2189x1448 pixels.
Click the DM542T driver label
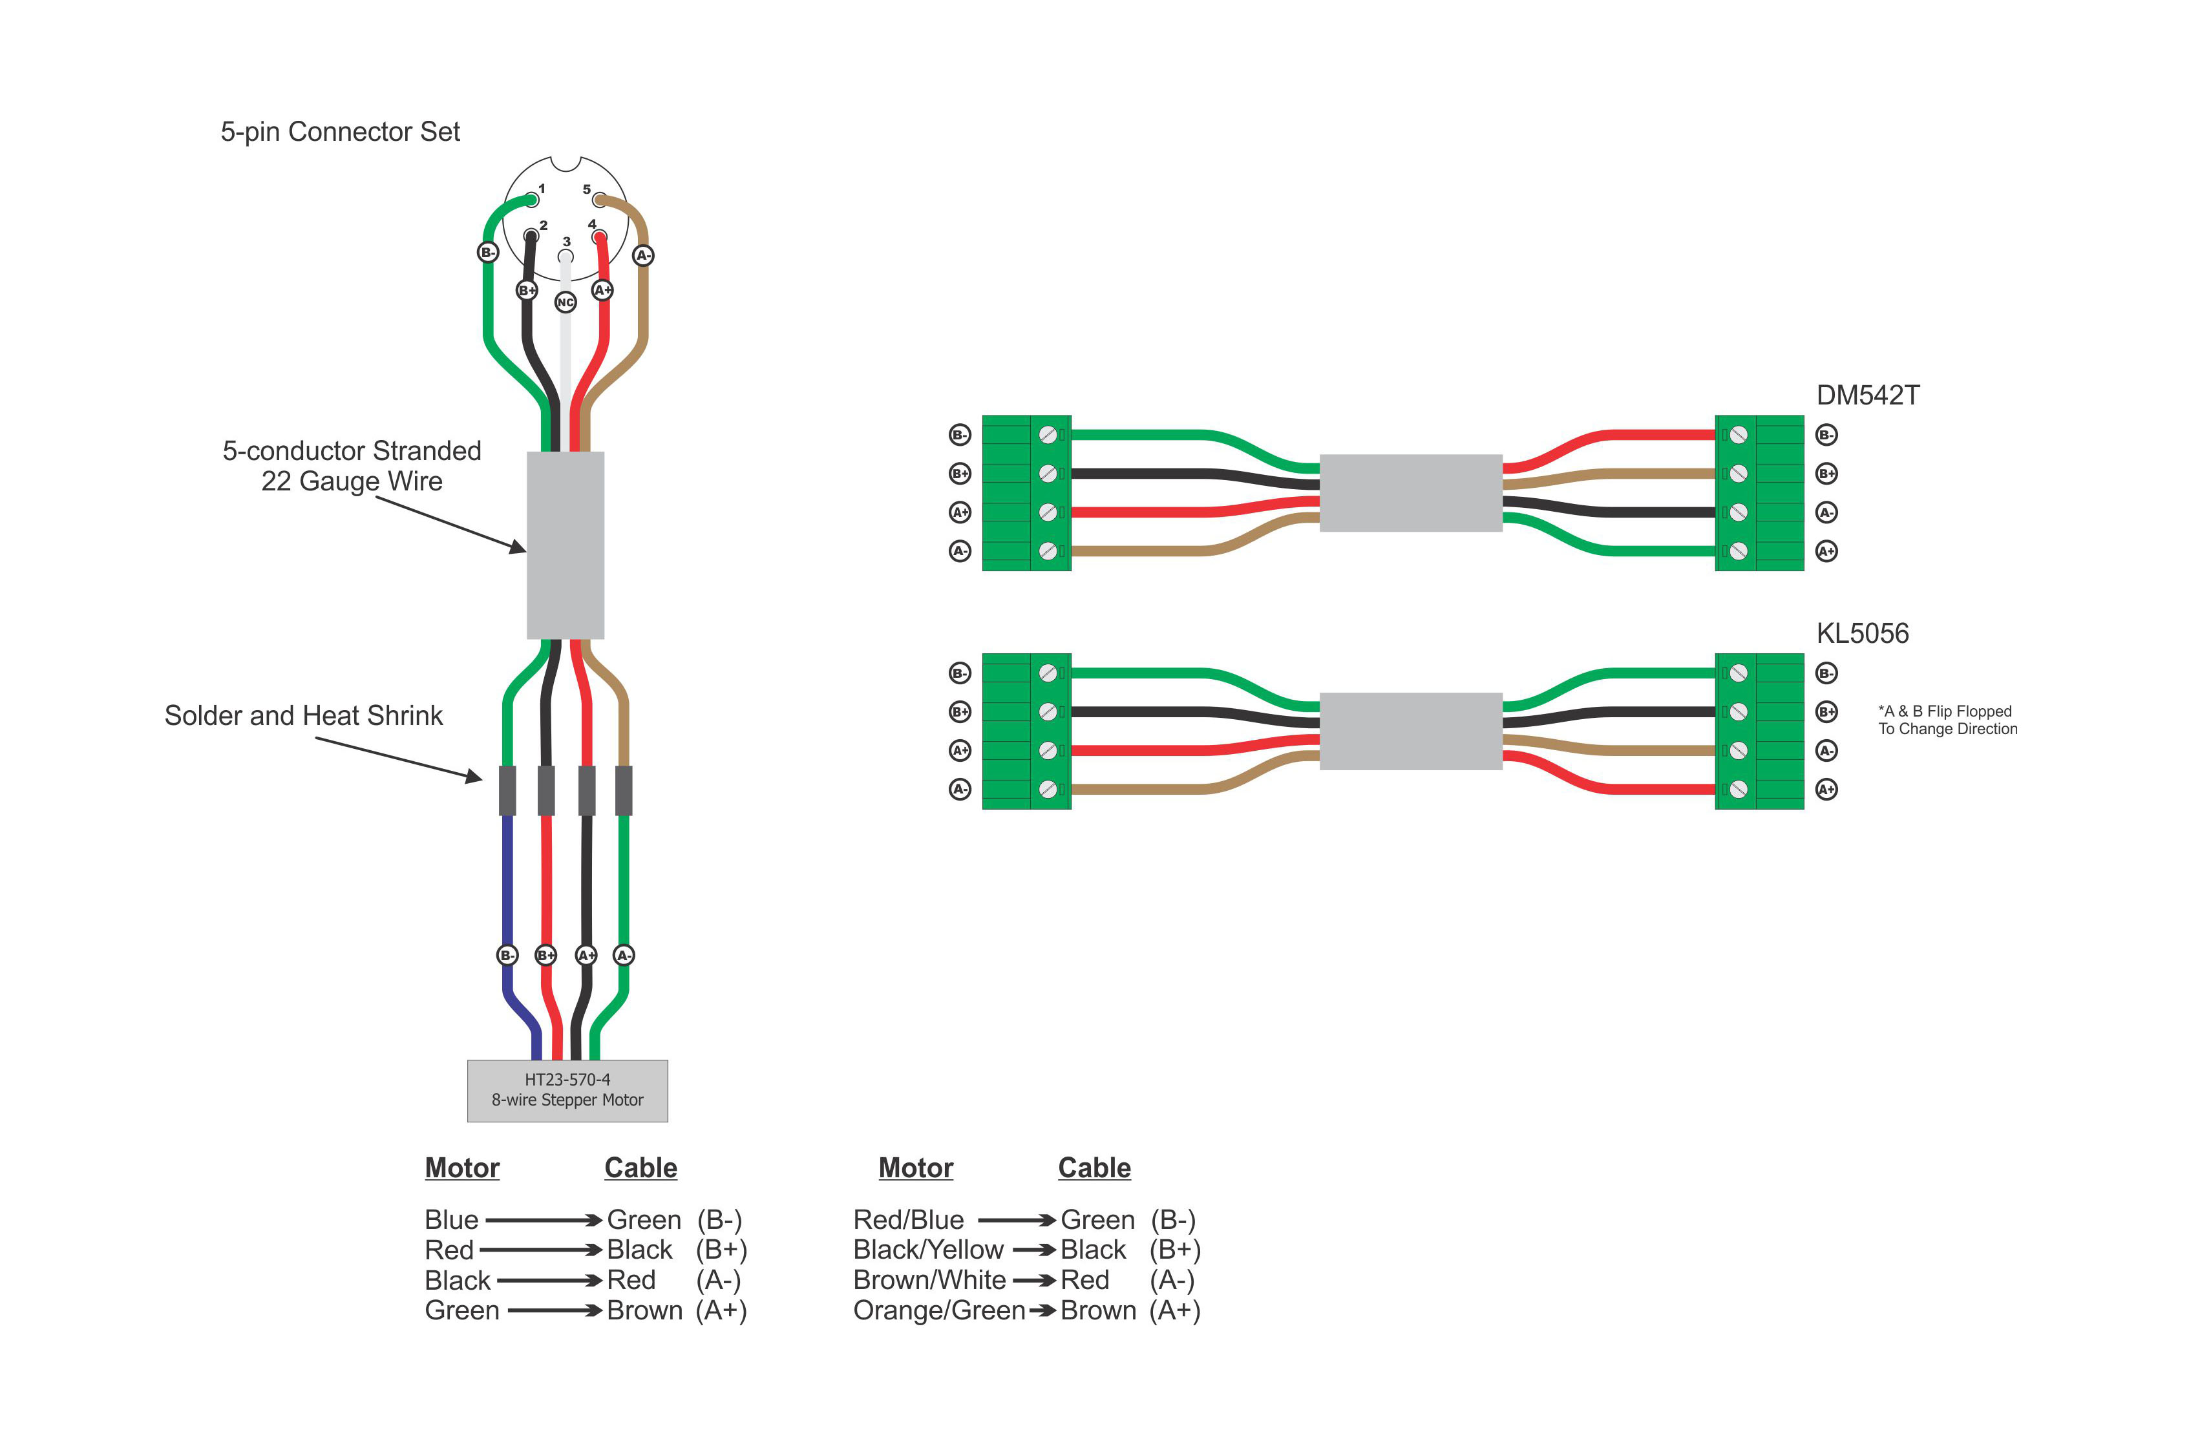1866,396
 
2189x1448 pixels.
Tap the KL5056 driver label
1861,633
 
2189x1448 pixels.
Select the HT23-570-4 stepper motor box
567,1091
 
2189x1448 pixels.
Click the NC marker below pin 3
566,302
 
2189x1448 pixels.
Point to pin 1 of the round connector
531,200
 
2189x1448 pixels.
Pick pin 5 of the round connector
599,200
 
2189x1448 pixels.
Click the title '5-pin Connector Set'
340,132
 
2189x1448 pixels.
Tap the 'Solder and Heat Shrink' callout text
303,716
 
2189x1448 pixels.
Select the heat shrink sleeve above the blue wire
507,790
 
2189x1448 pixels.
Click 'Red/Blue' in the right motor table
908,1220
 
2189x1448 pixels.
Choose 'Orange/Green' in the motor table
938,1310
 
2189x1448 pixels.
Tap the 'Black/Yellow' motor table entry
927,1250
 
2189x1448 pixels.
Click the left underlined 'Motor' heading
462,1168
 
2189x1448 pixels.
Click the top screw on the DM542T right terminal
1737,435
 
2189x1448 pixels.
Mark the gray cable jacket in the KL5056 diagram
1410,731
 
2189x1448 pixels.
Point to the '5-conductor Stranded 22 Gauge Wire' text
352,465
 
